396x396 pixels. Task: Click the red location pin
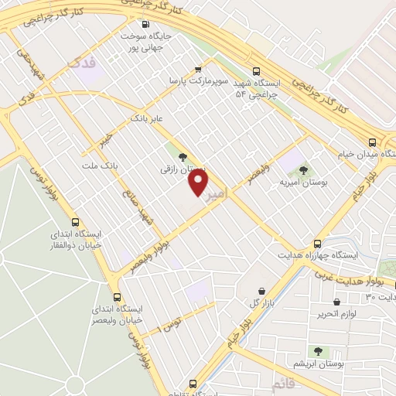pyautogui.click(x=199, y=183)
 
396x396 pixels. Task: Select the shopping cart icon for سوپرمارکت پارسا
pyautogui.click(x=199, y=68)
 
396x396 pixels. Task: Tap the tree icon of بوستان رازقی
pyautogui.click(x=183, y=157)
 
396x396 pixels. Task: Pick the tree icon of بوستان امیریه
pyautogui.click(x=303, y=169)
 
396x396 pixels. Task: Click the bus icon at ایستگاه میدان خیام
pyautogui.click(x=372, y=142)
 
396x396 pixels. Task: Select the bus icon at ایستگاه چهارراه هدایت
pyautogui.click(x=318, y=242)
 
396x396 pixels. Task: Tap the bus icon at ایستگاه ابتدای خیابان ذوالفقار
pyautogui.click(x=76, y=222)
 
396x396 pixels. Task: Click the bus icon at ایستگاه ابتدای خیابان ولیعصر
pyautogui.click(x=117, y=297)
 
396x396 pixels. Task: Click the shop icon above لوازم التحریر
pyautogui.click(x=336, y=302)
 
